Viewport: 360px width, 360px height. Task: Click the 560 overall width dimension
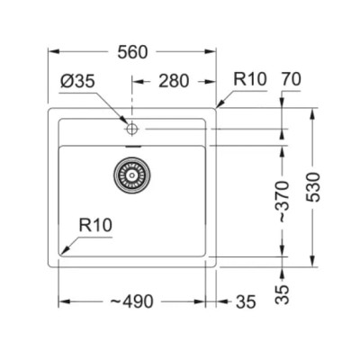click(132, 52)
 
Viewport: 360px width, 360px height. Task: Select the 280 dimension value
click(174, 81)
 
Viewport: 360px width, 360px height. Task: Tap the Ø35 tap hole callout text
click(77, 81)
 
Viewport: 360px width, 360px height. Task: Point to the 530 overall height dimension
click(314, 187)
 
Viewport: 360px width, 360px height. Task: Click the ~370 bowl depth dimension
click(283, 202)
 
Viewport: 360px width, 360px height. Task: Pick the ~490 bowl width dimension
click(131, 301)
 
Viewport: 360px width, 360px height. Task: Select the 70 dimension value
click(291, 79)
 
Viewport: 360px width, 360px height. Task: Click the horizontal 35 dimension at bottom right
click(246, 301)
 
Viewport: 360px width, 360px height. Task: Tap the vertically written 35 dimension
click(283, 294)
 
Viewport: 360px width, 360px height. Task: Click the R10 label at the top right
click(250, 79)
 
